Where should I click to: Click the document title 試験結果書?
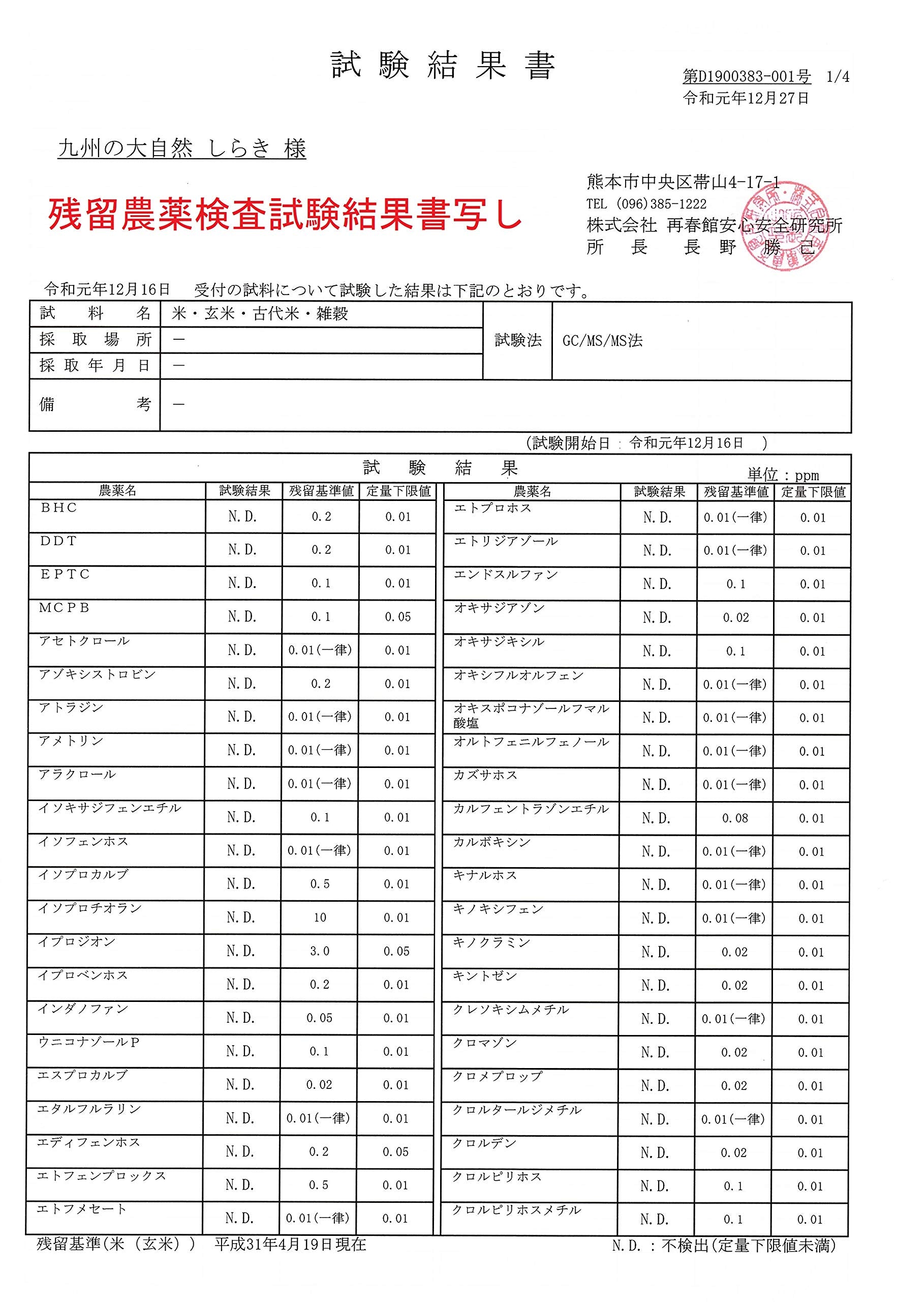coord(443,66)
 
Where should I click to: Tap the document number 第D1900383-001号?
coord(747,76)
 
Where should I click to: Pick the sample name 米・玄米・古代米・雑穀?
coord(260,314)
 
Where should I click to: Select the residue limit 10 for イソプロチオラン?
coord(320,918)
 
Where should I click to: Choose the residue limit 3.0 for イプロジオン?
coord(320,952)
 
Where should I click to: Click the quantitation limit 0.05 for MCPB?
coord(398,617)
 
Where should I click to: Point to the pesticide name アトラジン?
coord(71,707)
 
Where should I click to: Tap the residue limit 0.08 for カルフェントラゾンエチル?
coord(735,818)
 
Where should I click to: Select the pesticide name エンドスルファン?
coord(505,575)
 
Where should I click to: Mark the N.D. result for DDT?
coord(242,550)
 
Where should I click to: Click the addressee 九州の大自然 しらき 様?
coord(182,150)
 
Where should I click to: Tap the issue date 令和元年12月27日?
coord(746,99)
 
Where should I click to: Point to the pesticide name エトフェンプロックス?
coord(101,1176)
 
